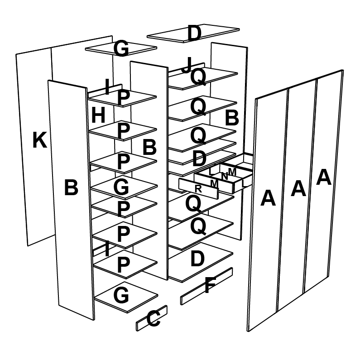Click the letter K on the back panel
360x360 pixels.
[x=39, y=141]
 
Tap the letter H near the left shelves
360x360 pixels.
[x=98, y=116]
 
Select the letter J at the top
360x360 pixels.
[x=187, y=66]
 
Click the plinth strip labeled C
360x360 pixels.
[x=153, y=319]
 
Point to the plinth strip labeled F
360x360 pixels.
[x=209, y=286]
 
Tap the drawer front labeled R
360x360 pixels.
[x=198, y=189]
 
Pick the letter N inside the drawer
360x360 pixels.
[x=224, y=176]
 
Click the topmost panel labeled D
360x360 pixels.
[x=194, y=34]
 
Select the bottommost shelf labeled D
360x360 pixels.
[x=197, y=259]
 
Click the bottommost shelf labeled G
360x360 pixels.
[x=121, y=296]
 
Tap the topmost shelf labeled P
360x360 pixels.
[x=123, y=98]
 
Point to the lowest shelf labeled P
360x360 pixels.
[x=123, y=265]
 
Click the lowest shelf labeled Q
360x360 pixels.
[x=198, y=226]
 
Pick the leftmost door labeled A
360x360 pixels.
[x=268, y=198]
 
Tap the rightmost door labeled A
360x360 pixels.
[x=323, y=177]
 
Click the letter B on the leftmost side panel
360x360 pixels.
[x=71, y=187]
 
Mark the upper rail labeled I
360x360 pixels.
[x=107, y=87]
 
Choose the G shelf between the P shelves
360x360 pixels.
[x=121, y=186]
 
